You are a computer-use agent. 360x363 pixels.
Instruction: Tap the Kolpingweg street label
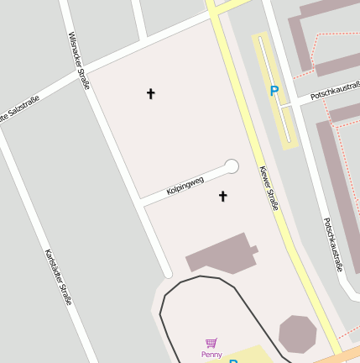(185, 186)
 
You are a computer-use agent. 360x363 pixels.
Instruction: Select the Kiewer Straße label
(269, 187)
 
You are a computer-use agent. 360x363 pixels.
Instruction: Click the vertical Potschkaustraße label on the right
(333, 245)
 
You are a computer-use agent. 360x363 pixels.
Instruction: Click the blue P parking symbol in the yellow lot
(274, 91)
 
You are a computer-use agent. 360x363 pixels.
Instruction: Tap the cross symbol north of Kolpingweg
(151, 93)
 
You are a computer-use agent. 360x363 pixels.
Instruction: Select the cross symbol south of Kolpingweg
(223, 197)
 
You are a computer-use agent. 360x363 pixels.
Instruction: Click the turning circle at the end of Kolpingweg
(232, 166)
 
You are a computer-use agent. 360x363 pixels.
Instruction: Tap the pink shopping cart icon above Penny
(211, 343)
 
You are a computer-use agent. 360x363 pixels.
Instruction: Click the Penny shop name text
(211, 355)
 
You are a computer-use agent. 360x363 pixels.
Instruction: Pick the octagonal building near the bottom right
(297, 334)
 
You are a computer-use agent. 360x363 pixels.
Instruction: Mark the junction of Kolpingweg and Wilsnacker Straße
(140, 201)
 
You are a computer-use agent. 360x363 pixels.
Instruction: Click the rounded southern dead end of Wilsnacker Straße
(168, 273)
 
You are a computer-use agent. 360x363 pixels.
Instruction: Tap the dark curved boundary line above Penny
(201, 276)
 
